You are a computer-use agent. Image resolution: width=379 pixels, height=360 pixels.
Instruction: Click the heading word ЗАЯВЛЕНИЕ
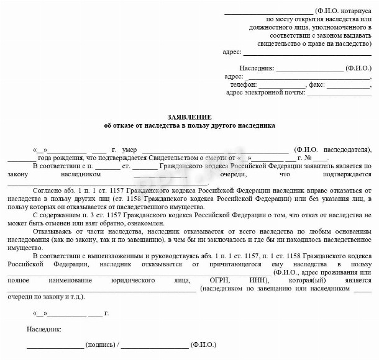(x=189, y=117)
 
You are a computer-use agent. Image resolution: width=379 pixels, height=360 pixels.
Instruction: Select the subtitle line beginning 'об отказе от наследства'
(x=189, y=125)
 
